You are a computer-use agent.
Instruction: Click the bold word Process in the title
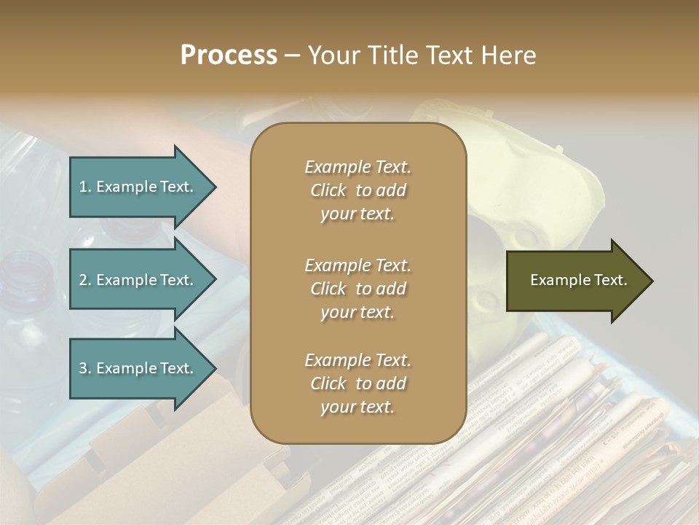coord(229,55)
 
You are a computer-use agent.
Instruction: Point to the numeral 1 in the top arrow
coord(83,187)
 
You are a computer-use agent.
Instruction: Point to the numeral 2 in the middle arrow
coord(83,280)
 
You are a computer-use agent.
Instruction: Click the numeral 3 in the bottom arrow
coord(83,368)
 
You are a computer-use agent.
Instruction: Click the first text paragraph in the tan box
coord(358,190)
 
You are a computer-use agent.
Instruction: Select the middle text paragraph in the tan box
coord(358,288)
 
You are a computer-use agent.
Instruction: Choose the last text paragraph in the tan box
coord(358,384)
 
